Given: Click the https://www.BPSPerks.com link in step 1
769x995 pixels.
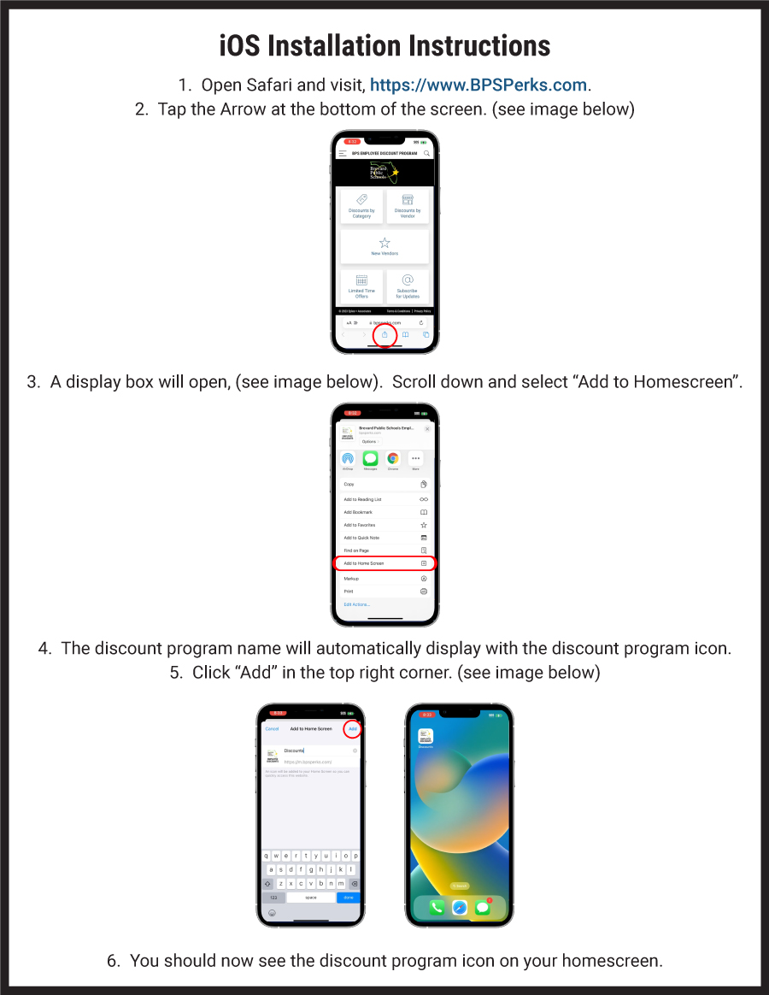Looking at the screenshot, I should click(x=479, y=85).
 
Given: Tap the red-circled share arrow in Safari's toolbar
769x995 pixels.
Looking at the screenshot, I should click(x=384, y=335).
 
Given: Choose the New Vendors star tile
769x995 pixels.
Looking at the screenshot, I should click(x=384, y=246).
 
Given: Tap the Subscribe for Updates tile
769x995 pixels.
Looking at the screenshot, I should click(x=408, y=286).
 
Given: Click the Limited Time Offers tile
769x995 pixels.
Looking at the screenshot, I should click(x=361, y=286).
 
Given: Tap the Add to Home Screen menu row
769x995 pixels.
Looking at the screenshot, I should click(x=384, y=563).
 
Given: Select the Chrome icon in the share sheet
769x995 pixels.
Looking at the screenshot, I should click(x=393, y=459).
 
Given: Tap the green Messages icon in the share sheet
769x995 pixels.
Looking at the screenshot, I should click(x=370, y=459).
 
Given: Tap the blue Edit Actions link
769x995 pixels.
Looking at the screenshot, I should click(x=357, y=604).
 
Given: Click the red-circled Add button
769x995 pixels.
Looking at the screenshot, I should click(x=352, y=729).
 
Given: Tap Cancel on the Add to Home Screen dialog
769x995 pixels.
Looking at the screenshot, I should click(x=272, y=729).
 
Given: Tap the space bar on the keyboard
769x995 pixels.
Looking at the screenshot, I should click(x=311, y=898).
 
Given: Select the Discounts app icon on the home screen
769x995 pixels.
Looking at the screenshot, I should click(x=425, y=736).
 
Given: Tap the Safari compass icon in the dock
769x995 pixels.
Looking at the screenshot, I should click(x=459, y=908).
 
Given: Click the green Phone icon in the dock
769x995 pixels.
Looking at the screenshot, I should click(x=436, y=908).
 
